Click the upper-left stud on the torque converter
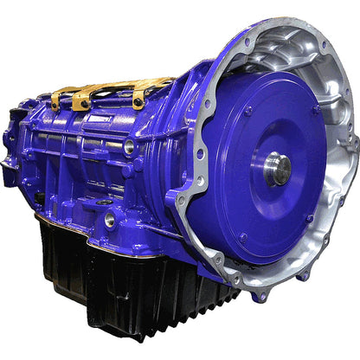point(248,111)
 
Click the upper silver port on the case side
point(129,147)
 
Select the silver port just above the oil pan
point(110,220)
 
